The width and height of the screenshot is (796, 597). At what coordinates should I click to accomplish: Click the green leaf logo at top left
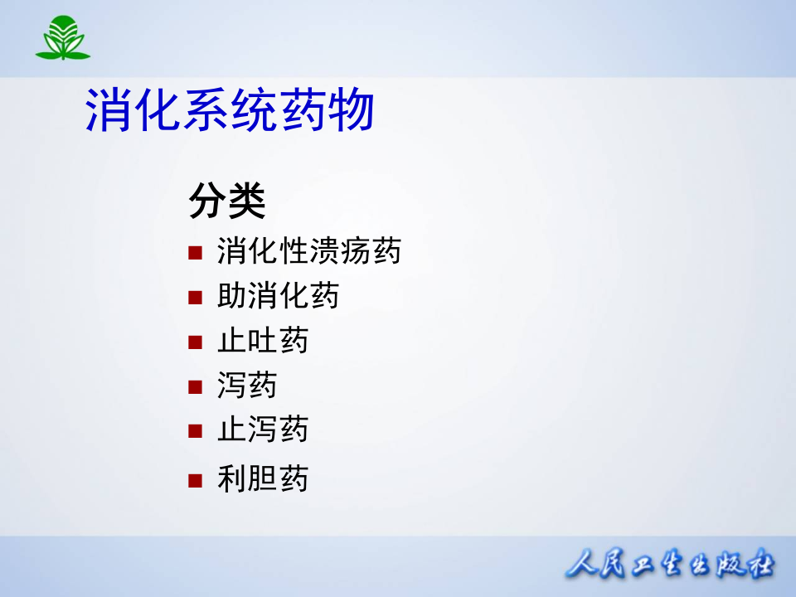[x=62, y=37]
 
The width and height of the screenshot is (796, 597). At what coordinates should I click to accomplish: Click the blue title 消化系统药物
[x=230, y=111]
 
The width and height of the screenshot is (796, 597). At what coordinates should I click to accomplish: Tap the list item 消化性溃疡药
[x=308, y=250]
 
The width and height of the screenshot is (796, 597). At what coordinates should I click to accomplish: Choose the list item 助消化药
[x=278, y=296]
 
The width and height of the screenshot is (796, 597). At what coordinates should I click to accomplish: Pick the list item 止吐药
[x=262, y=341]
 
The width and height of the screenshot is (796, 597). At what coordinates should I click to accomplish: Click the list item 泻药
[x=247, y=386]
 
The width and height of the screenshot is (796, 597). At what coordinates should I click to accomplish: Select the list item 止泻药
[x=262, y=430]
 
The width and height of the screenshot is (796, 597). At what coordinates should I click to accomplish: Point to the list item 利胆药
[x=262, y=479]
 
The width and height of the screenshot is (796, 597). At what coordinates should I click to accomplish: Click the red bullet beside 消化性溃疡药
[x=195, y=252]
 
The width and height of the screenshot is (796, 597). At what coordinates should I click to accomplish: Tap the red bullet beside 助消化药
[x=195, y=297]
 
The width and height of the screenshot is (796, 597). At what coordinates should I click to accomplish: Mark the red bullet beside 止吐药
[x=195, y=342]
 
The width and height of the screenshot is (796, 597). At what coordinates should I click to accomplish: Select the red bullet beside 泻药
[x=195, y=386]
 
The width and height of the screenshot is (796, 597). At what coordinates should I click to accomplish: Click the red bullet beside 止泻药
[x=195, y=430]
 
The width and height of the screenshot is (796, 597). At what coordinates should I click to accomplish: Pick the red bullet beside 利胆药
[x=195, y=480]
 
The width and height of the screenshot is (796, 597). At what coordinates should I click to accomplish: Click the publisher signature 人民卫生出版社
[x=670, y=566]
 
